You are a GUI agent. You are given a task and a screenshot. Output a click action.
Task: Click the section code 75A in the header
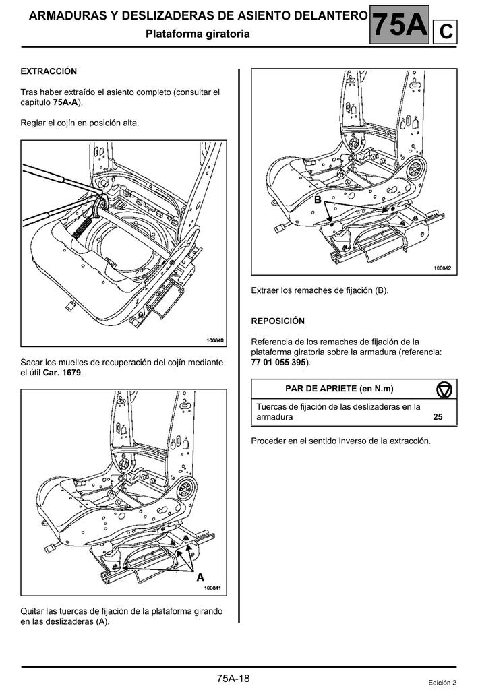tap(400, 26)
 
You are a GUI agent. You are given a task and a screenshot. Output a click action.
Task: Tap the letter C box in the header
tap(446, 31)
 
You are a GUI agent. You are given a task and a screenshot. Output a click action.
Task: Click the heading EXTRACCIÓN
tap(49, 71)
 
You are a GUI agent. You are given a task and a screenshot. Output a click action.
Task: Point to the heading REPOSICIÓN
tap(278, 321)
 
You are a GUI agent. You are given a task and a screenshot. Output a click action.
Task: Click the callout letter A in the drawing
tap(200, 577)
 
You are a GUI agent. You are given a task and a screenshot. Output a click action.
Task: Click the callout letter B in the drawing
tap(317, 200)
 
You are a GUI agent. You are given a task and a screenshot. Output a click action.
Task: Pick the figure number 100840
tap(214, 340)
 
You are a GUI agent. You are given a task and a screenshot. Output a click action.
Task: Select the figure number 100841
tap(213, 588)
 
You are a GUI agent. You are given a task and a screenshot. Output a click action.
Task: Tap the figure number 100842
tap(442, 268)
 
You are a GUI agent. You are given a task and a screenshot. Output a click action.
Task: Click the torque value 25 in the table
tap(438, 417)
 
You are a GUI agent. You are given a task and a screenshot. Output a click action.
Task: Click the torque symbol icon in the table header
tap(444, 389)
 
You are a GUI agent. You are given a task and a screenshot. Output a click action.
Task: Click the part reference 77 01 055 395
tap(278, 363)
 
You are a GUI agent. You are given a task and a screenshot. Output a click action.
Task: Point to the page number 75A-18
tap(233, 678)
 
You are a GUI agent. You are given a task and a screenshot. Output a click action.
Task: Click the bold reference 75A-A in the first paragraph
tap(66, 102)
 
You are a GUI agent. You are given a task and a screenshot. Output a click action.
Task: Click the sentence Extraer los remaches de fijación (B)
tap(320, 290)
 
